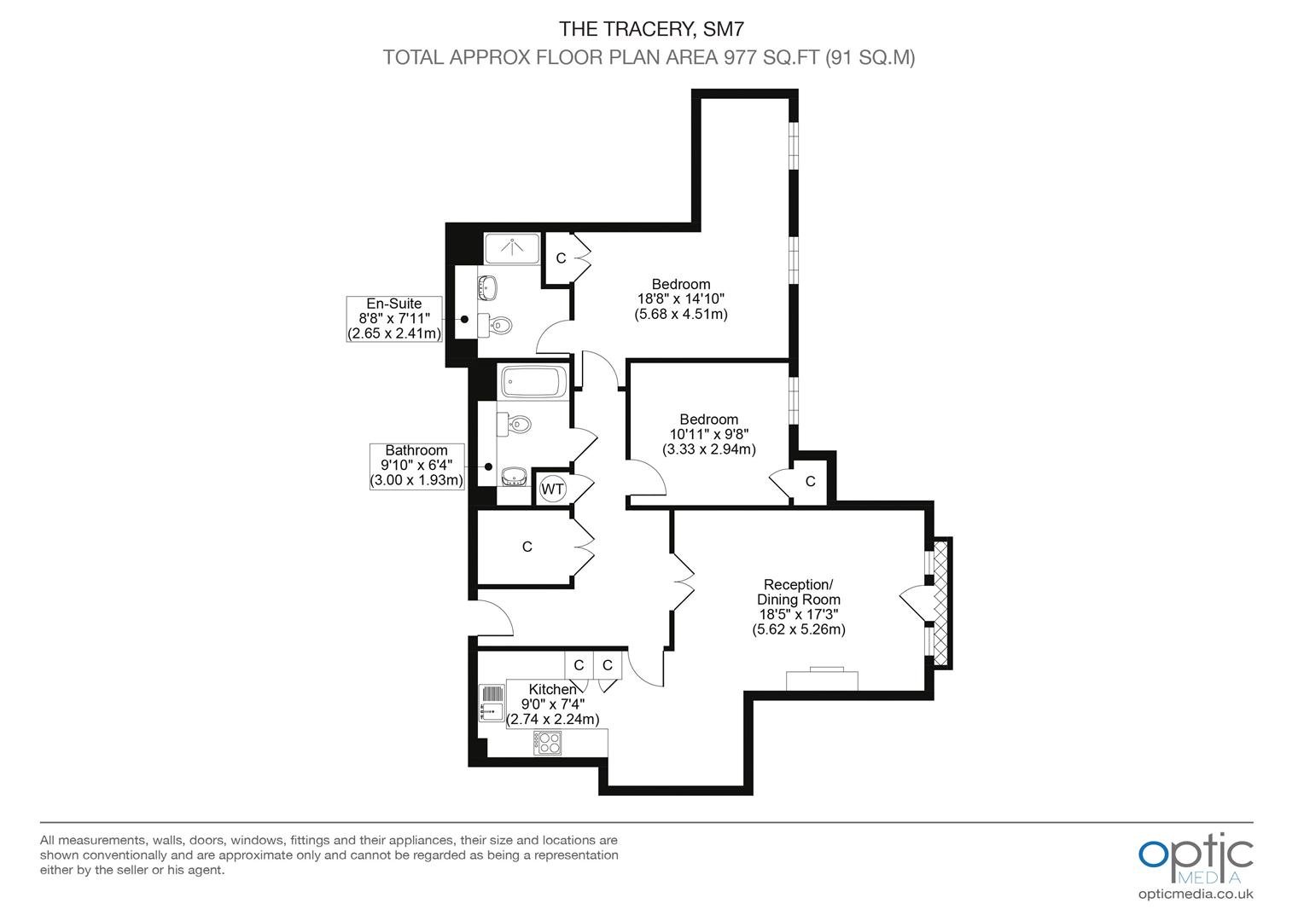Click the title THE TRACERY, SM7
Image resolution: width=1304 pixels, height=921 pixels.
pos(651,28)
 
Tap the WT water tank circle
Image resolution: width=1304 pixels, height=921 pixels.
pos(552,489)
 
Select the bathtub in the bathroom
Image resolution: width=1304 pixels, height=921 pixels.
pos(534,382)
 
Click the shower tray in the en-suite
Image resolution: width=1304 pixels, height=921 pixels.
pos(512,248)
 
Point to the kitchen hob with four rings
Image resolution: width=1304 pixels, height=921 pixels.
pos(548,743)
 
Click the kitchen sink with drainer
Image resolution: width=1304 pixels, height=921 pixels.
pos(492,703)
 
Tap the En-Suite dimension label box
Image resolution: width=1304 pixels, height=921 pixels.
pos(394,319)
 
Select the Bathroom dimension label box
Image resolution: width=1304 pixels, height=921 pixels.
pos(416,466)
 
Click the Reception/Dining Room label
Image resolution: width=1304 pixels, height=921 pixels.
pos(798,607)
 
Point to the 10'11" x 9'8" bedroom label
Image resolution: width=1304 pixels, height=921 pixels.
pos(709,434)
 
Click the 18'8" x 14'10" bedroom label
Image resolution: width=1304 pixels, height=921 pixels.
pos(681,299)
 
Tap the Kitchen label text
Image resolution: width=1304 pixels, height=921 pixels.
pos(552,689)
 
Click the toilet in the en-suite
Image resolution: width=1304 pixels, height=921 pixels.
pos(495,324)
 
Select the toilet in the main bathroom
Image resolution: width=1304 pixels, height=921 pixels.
pos(514,424)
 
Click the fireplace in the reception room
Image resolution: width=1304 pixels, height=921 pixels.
pos(822,679)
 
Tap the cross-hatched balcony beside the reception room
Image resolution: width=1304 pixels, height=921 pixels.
pos(940,603)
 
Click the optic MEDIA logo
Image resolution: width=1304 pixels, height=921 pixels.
pos(1196,858)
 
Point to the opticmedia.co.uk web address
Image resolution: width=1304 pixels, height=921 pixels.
pos(1196,894)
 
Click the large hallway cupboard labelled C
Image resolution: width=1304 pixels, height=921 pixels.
pos(527,547)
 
